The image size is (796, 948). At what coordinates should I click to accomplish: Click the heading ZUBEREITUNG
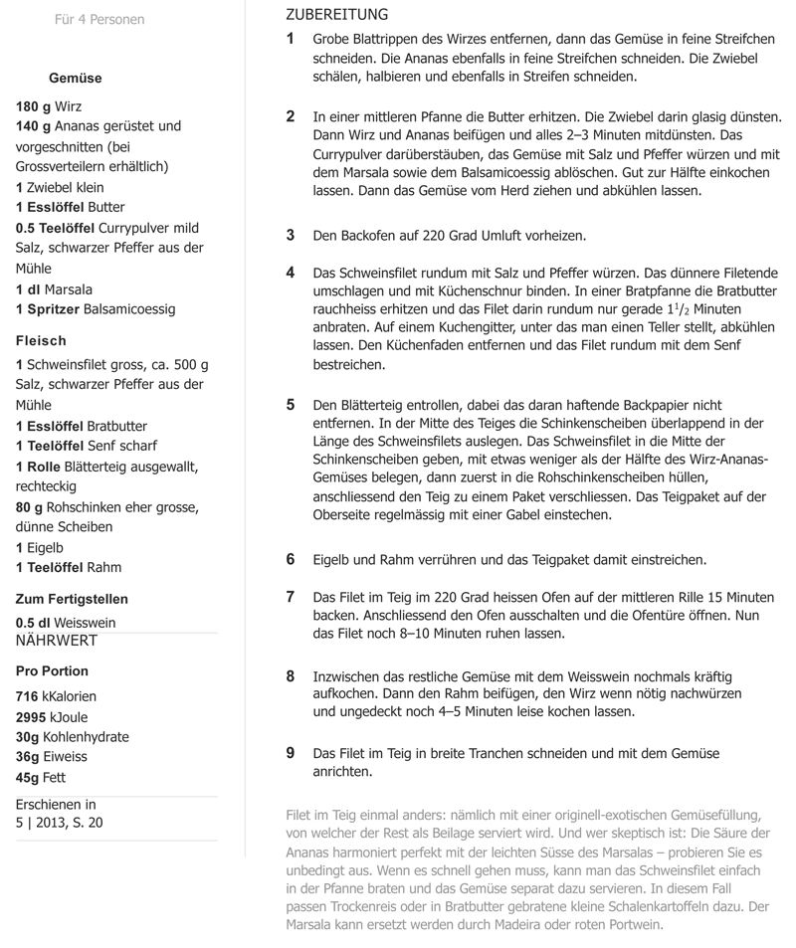tap(336, 15)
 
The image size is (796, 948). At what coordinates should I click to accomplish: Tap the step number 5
tap(291, 404)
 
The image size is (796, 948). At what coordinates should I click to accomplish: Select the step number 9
tap(291, 753)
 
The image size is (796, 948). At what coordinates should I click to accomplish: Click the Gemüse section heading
tap(75, 79)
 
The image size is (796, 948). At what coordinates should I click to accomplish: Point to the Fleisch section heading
tap(42, 340)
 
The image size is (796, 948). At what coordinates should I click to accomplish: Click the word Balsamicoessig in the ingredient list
tap(129, 309)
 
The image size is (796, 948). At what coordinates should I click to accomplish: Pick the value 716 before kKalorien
tap(27, 696)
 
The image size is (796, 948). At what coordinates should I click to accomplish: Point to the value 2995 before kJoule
tap(31, 717)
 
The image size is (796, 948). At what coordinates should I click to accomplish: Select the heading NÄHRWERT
tap(57, 641)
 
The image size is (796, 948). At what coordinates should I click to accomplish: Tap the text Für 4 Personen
tap(99, 19)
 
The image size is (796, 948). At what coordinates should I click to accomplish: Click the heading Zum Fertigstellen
tap(72, 599)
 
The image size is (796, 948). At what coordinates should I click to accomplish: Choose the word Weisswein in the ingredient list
tap(85, 622)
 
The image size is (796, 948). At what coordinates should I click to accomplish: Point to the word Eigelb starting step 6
tap(333, 560)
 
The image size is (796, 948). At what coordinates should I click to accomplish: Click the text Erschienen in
tap(57, 804)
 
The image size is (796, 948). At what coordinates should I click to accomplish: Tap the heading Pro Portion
tap(52, 670)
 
